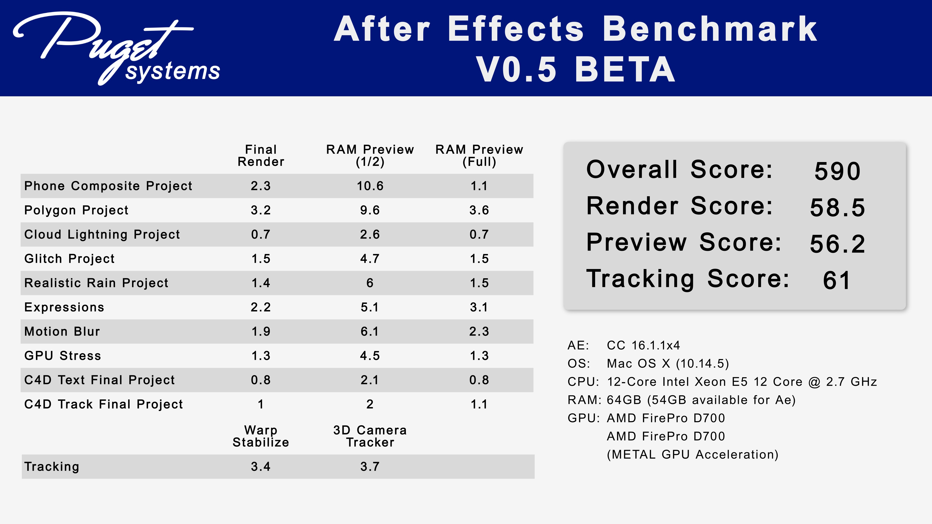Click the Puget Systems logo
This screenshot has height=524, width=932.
pyautogui.click(x=116, y=49)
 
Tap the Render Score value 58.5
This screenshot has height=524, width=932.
pyautogui.click(x=837, y=208)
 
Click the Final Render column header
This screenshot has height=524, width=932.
pyautogui.click(x=261, y=156)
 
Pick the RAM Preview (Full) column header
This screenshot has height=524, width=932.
pyautogui.click(x=479, y=156)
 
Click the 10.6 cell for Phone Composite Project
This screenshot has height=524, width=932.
pyautogui.click(x=370, y=186)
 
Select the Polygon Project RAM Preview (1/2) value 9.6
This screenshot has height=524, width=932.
pyautogui.click(x=370, y=210)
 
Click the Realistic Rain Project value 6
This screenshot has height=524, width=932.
pyautogui.click(x=370, y=283)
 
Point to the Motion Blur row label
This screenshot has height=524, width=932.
pyautogui.click(x=62, y=331)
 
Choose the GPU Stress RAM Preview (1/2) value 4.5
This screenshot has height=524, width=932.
pyautogui.click(x=370, y=355)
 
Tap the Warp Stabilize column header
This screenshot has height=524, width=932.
pyautogui.click(x=261, y=436)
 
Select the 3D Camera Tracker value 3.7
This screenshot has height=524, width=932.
pyautogui.click(x=370, y=467)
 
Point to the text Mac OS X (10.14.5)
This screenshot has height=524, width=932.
pyautogui.click(x=667, y=363)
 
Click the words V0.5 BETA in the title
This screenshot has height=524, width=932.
pyautogui.click(x=575, y=69)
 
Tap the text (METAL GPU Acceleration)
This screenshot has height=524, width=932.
pyautogui.click(x=692, y=454)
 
